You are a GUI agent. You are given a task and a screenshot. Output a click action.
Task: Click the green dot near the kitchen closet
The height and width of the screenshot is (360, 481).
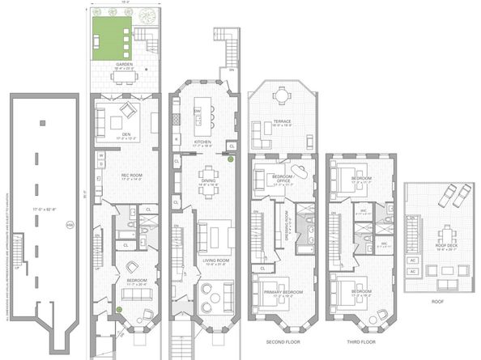230,159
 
